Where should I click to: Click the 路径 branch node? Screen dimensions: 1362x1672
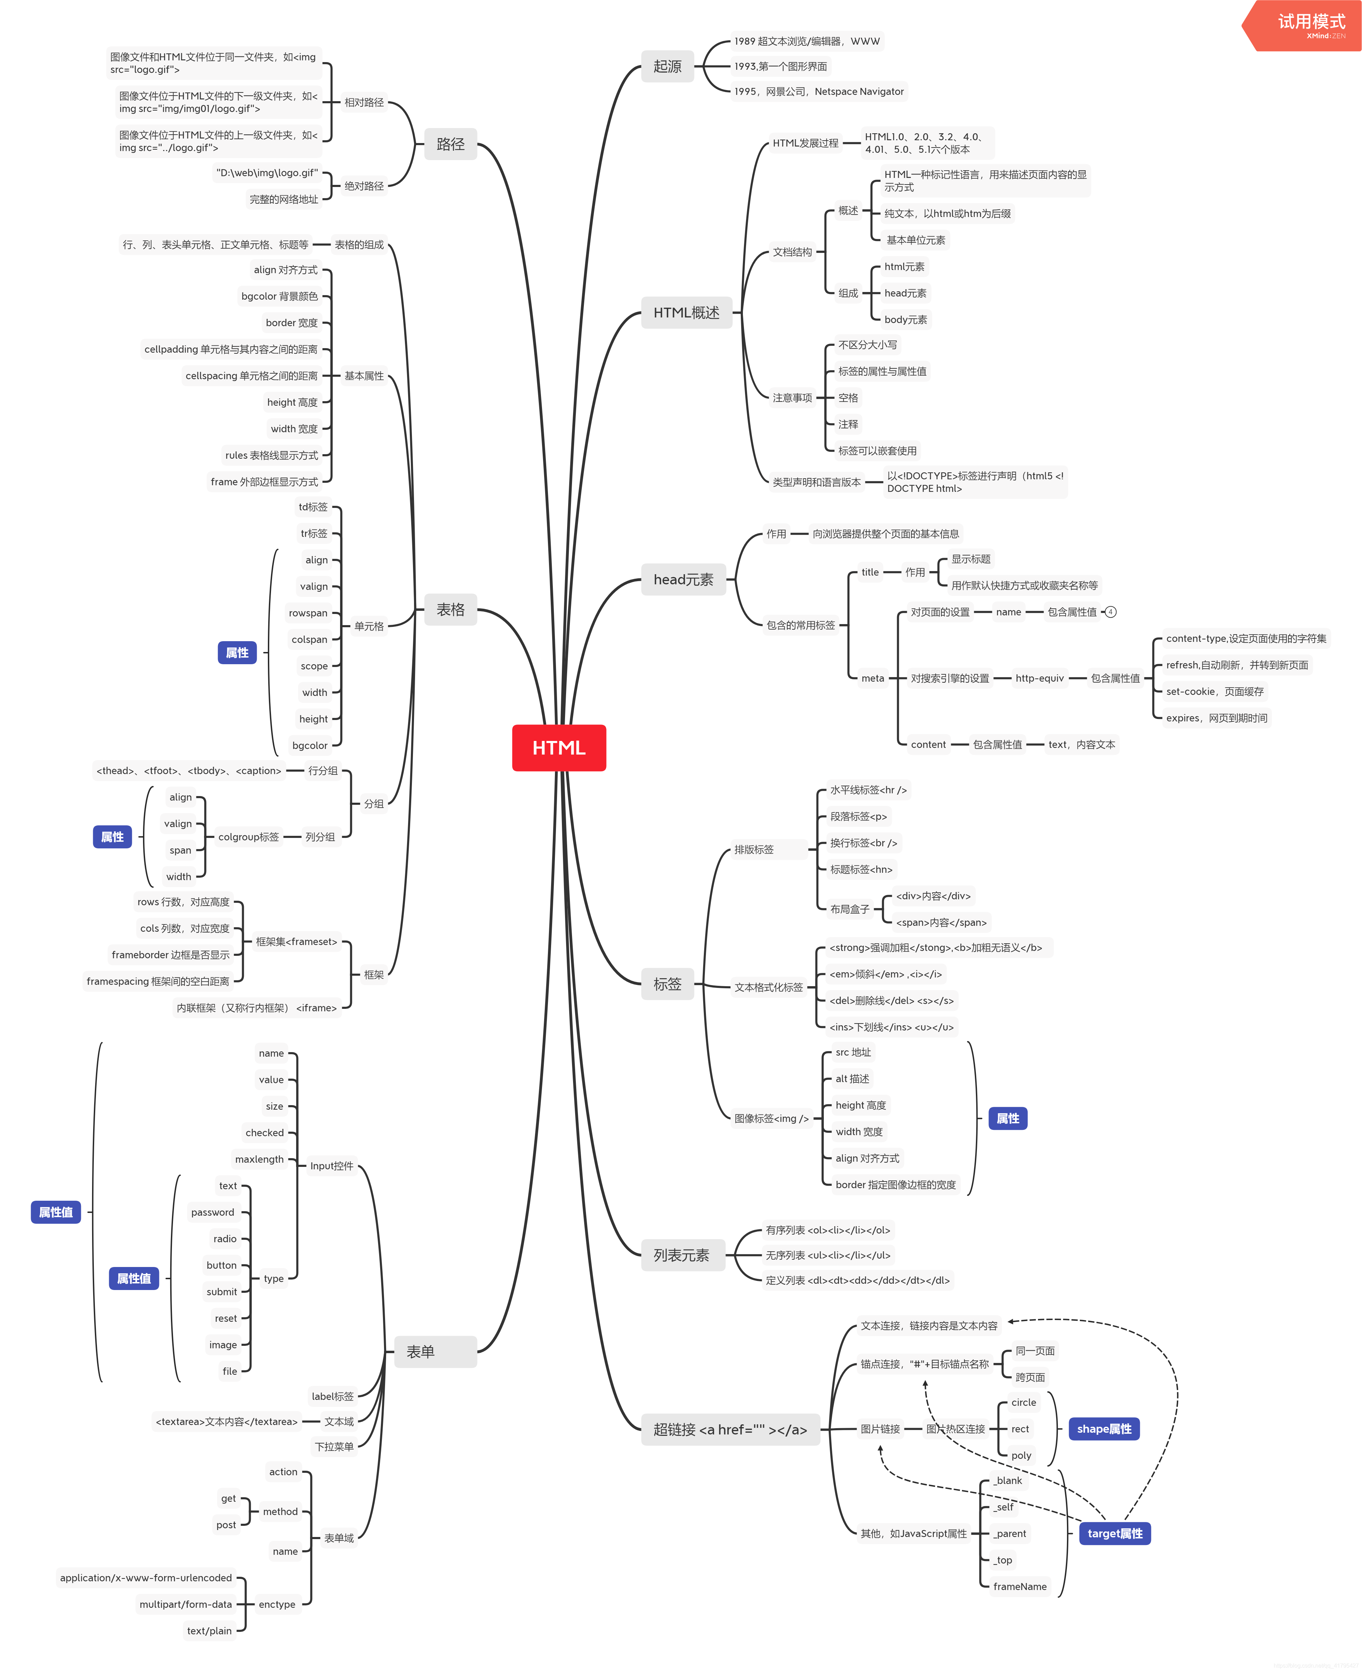tap(450, 144)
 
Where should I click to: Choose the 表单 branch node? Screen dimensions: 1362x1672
tap(435, 1351)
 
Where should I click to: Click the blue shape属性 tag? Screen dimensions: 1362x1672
tap(1104, 1429)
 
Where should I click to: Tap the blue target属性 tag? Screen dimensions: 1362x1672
tap(1115, 1533)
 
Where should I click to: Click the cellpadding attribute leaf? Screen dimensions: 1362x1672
tap(231, 349)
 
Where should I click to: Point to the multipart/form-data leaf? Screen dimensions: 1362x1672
tap(186, 1604)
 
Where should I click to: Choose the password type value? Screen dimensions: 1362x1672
tap(213, 1212)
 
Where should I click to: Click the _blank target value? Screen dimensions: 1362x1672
tap(1008, 1480)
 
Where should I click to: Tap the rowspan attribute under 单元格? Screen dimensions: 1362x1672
tap(308, 613)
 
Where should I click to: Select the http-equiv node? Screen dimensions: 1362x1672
tap(1039, 678)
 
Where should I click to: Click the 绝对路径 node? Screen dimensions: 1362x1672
tap(364, 186)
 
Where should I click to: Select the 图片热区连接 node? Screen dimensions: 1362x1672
tap(956, 1429)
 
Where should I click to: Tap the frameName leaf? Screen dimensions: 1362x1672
tap(1020, 1587)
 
